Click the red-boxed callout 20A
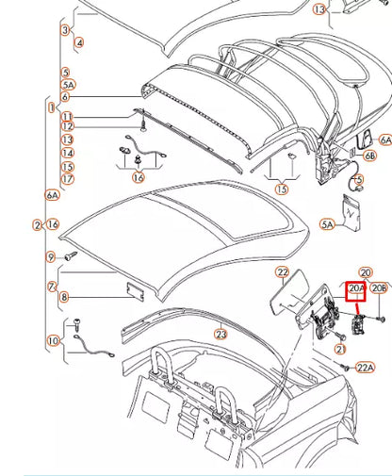click(x=357, y=288)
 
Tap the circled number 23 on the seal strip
click(x=220, y=333)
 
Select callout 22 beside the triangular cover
click(x=282, y=273)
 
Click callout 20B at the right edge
click(x=379, y=288)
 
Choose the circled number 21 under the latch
click(x=338, y=349)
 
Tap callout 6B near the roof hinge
click(x=370, y=155)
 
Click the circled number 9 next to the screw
click(x=50, y=256)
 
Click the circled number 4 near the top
click(x=78, y=42)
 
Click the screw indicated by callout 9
click(x=70, y=255)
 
